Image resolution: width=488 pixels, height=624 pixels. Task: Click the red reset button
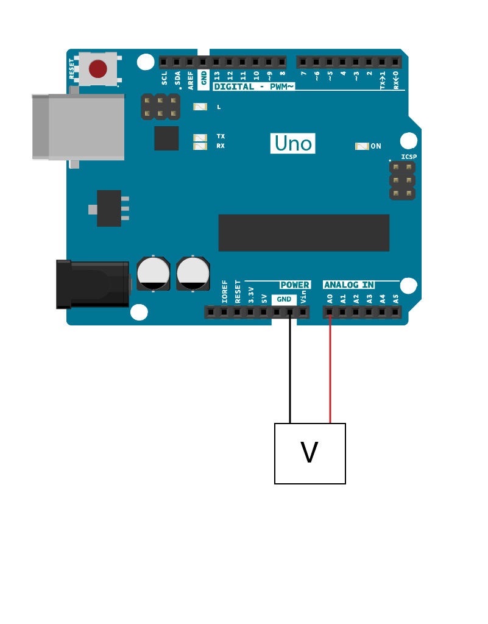click(x=98, y=69)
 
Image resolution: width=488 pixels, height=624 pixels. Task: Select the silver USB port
click(x=79, y=127)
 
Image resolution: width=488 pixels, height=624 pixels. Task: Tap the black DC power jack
click(x=93, y=284)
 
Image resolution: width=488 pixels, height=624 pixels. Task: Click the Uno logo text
click(x=292, y=143)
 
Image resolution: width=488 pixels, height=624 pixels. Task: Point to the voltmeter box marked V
click(x=310, y=453)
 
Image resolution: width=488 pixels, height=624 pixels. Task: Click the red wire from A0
click(x=330, y=367)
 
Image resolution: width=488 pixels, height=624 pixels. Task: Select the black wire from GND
click(x=290, y=367)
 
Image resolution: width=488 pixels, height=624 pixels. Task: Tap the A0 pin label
click(x=330, y=299)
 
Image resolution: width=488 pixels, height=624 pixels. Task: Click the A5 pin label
click(x=396, y=299)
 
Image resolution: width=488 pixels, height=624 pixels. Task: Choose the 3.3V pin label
click(x=251, y=295)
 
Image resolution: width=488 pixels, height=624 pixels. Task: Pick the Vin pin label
click(x=303, y=297)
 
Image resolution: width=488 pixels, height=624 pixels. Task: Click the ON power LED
click(x=362, y=146)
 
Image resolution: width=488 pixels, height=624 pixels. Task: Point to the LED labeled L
click(x=200, y=107)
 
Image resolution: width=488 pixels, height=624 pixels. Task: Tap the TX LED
click(x=200, y=138)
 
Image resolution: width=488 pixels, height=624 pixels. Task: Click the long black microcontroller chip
click(x=304, y=233)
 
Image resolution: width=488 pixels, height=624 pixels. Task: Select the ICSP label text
click(x=409, y=157)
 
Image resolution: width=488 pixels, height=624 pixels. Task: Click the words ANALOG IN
click(x=349, y=285)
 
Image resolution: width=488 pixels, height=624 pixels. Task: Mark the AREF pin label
click(x=191, y=80)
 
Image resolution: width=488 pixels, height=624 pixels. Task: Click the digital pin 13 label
click(x=217, y=76)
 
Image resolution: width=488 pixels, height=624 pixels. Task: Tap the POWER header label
click(x=295, y=285)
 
